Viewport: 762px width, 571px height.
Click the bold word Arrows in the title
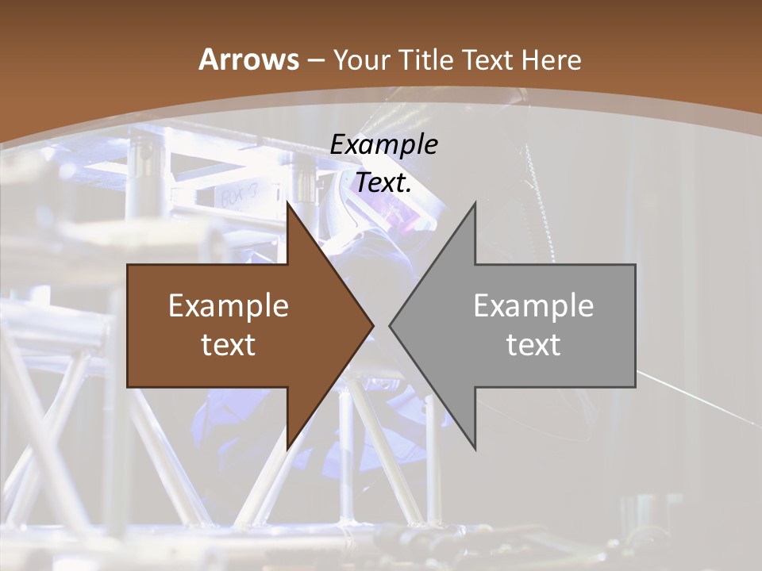coord(248,59)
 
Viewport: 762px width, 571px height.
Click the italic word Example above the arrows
coord(383,144)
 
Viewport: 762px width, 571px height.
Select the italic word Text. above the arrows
coord(383,182)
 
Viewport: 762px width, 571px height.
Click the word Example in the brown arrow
coord(229,305)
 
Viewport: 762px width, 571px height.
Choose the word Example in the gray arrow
coord(533,305)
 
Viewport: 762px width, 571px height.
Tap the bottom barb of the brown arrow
coord(290,444)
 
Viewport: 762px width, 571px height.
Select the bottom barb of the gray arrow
coord(473,444)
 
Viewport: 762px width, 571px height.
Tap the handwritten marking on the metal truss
coord(238,196)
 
